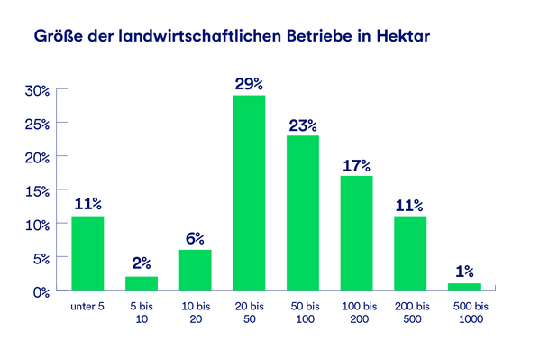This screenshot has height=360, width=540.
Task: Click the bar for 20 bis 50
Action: coord(249,192)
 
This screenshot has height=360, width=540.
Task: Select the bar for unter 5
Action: coord(87,253)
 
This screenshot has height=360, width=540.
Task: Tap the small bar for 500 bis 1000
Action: coord(463,286)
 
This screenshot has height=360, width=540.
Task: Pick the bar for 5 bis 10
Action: coord(142,283)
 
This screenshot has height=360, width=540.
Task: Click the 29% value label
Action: coord(249,84)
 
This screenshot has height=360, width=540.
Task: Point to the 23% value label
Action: coord(303,125)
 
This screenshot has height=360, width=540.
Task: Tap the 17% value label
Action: coord(356,165)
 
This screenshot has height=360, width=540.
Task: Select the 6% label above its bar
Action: coord(195,238)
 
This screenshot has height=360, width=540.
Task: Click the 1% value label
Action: coord(463,272)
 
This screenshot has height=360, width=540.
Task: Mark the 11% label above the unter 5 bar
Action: coord(87,205)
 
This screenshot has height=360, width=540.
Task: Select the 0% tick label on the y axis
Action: coord(41,291)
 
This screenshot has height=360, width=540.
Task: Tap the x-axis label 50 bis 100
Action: coord(303,314)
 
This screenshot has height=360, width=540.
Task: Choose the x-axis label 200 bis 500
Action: coord(410,314)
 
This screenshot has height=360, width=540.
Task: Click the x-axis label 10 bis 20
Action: coord(195,314)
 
